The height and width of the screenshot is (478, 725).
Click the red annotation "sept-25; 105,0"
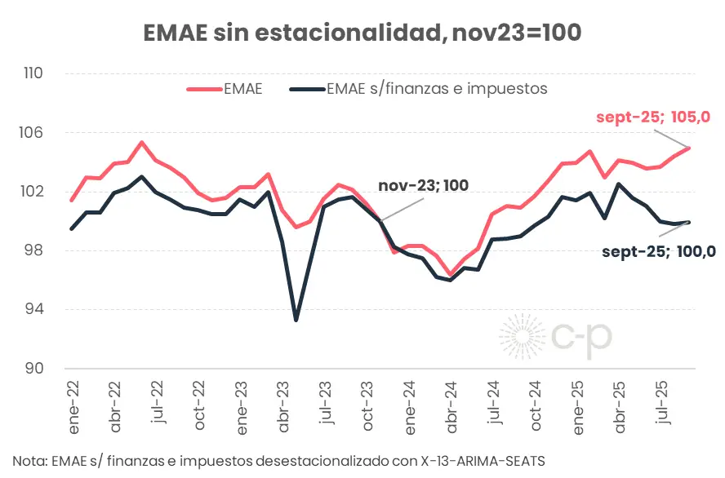pyautogui.click(x=653, y=117)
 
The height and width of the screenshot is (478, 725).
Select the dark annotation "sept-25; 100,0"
pyautogui.click(x=659, y=251)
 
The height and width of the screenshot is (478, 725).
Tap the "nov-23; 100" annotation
pyautogui.click(x=423, y=185)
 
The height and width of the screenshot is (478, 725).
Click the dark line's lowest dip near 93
pyautogui.click(x=296, y=320)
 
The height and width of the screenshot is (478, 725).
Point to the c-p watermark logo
pyautogui.click(x=555, y=337)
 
